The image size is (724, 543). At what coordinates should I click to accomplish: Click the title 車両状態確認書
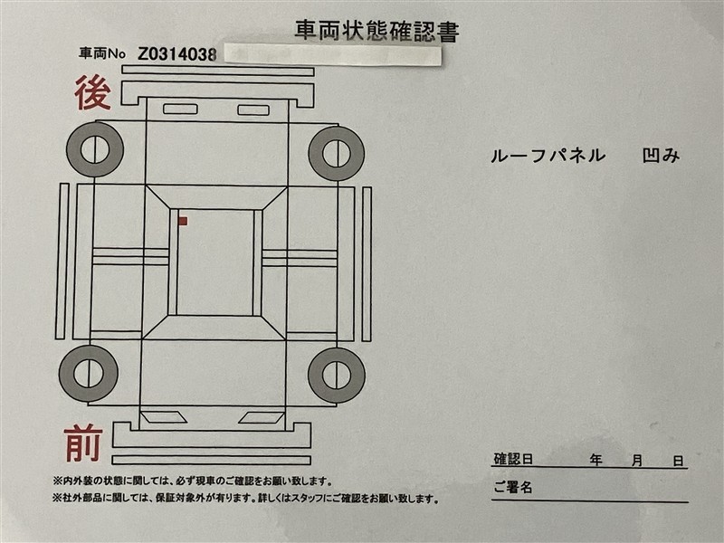376,31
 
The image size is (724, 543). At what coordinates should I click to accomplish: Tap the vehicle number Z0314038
177,54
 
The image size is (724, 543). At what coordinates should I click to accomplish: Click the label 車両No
102,54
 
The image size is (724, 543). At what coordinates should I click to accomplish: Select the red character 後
93,93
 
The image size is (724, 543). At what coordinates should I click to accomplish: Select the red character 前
83,443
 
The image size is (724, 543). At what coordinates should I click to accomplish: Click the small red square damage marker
183,221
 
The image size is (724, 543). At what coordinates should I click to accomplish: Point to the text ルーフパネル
548,156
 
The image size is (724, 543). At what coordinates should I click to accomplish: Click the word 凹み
662,156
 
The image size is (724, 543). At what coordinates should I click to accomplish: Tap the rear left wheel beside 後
95,149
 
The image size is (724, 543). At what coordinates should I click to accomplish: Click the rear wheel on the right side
337,153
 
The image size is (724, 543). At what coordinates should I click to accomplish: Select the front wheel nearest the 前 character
88,373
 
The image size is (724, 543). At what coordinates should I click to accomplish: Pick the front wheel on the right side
337,375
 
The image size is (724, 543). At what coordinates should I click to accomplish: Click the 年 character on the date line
596,460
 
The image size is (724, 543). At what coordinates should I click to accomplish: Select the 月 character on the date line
637,461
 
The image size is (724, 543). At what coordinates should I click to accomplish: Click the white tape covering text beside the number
332,55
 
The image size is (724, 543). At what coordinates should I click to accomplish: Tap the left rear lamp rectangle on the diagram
180,109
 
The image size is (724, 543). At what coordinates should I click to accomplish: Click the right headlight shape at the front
262,417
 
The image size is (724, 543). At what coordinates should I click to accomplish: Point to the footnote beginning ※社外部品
244,499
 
